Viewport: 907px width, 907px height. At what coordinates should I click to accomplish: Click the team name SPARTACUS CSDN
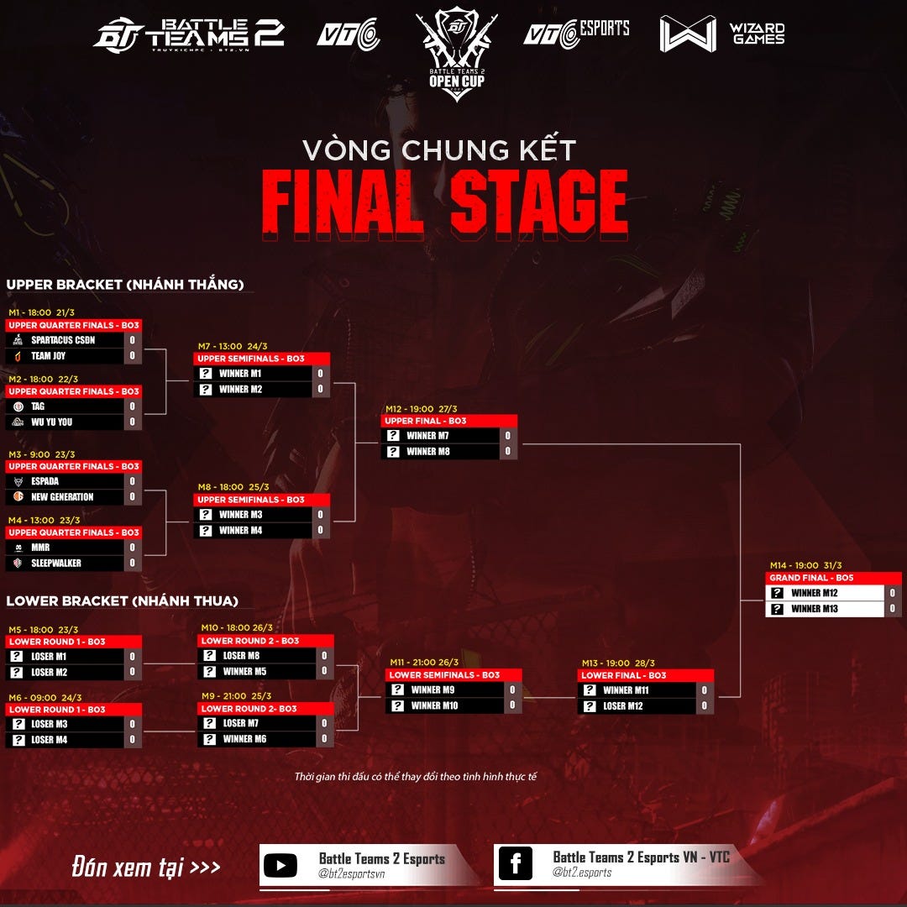tap(63, 340)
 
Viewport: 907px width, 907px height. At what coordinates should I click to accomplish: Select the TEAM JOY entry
tap(48, 356)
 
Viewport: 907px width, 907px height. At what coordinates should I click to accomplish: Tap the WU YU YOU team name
tap(51, 422)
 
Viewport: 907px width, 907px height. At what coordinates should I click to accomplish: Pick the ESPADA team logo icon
tap(18, 481)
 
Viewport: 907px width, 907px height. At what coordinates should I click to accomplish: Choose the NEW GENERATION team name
tap(62, 497)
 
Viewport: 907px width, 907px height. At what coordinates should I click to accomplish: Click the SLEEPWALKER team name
tap(56, 564)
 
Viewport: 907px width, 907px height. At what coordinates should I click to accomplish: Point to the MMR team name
tap(40, 548)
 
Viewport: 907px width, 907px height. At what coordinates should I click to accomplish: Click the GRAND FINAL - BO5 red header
tap(833, 579)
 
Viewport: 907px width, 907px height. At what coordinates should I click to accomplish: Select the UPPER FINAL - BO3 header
tap(449, 421)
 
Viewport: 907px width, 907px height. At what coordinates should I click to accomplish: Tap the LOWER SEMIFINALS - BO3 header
tap(453, 675)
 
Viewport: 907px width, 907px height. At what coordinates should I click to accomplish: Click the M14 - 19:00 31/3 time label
tap(805, 566)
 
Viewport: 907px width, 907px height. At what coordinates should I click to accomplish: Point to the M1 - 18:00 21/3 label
tap(41, 312)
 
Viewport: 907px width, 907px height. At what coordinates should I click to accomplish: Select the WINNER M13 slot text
tap(814, 609)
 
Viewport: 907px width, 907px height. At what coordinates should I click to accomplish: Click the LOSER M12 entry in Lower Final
tap(622, 706)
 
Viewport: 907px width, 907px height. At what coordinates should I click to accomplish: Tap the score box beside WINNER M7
tap(508, 436)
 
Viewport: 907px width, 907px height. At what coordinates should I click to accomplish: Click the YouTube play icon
tap(280, 866)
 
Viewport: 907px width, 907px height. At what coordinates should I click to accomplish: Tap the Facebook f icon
tap(515, 864)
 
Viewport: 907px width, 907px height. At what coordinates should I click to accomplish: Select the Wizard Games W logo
tap(688, 34)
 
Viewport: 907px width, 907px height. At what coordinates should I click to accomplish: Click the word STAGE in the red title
tap(538, 203)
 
